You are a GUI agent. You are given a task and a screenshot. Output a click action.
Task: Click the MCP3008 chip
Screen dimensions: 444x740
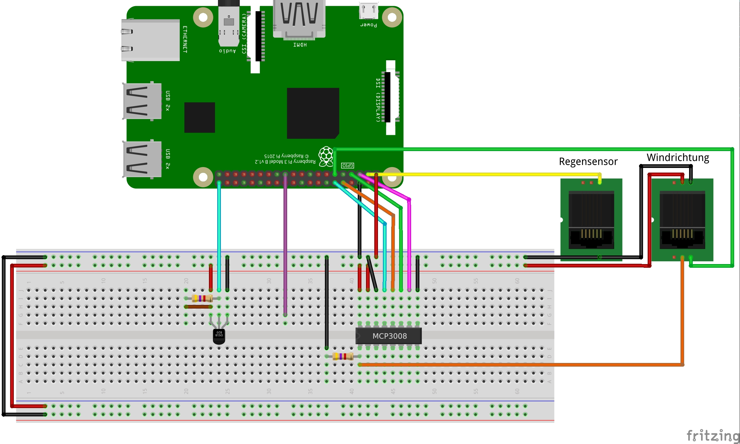388,336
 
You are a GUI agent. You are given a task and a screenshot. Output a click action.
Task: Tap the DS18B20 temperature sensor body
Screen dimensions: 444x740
219,336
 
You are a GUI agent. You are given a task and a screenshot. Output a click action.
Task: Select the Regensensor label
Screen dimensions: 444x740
588,162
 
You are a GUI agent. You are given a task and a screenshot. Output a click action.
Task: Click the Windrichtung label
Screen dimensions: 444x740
678,158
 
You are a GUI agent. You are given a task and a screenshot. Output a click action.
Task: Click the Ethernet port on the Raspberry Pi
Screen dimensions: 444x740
150,40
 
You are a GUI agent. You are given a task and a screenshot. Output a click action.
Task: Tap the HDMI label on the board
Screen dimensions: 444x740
300,45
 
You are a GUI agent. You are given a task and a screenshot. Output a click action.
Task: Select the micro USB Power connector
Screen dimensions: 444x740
368,12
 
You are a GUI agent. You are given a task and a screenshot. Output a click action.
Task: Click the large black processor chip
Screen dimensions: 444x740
313,113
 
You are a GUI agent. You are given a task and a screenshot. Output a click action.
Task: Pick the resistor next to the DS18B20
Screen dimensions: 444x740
202,298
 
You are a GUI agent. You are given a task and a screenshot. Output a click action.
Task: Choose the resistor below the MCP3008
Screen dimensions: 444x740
343,356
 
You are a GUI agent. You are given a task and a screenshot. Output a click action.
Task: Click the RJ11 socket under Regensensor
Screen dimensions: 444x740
591,220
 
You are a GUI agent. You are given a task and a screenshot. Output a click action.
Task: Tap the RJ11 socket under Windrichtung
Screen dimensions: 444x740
682,220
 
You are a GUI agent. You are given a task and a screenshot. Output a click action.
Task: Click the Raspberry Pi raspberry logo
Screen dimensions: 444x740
326,156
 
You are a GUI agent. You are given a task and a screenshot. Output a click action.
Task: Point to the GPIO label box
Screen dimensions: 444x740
347,166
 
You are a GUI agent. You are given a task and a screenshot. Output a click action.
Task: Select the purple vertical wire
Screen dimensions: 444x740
285,246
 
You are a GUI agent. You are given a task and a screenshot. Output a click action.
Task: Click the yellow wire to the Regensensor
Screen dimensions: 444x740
491,174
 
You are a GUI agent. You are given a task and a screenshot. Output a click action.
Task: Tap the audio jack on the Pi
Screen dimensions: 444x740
229,25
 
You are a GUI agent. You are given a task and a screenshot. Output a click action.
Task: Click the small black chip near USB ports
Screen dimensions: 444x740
199,117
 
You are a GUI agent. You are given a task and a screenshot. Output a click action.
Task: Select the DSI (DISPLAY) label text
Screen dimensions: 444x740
378,100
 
